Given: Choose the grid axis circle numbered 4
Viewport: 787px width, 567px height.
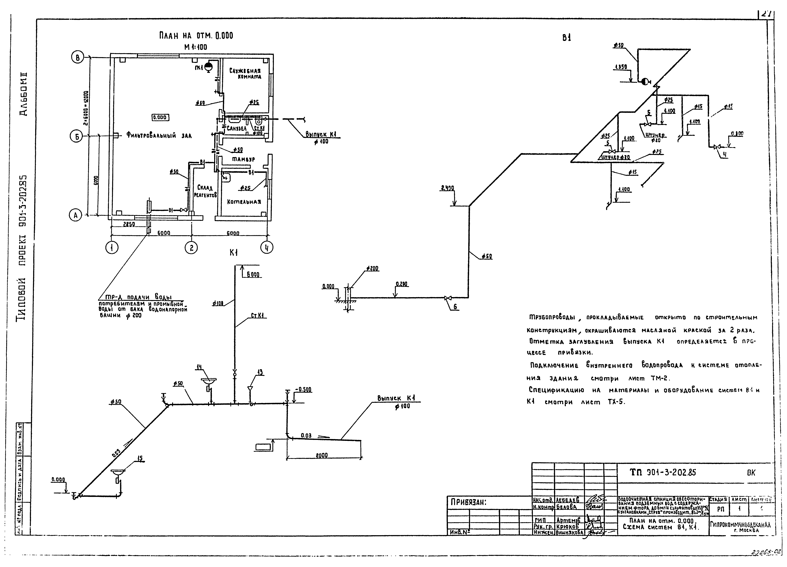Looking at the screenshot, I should point(267,247).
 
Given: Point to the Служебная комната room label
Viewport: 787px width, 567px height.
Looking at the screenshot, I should point(245,74).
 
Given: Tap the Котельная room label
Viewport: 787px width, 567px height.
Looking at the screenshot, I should point(244,202).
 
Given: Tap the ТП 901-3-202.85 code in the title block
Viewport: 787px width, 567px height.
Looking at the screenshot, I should point(663,473).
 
